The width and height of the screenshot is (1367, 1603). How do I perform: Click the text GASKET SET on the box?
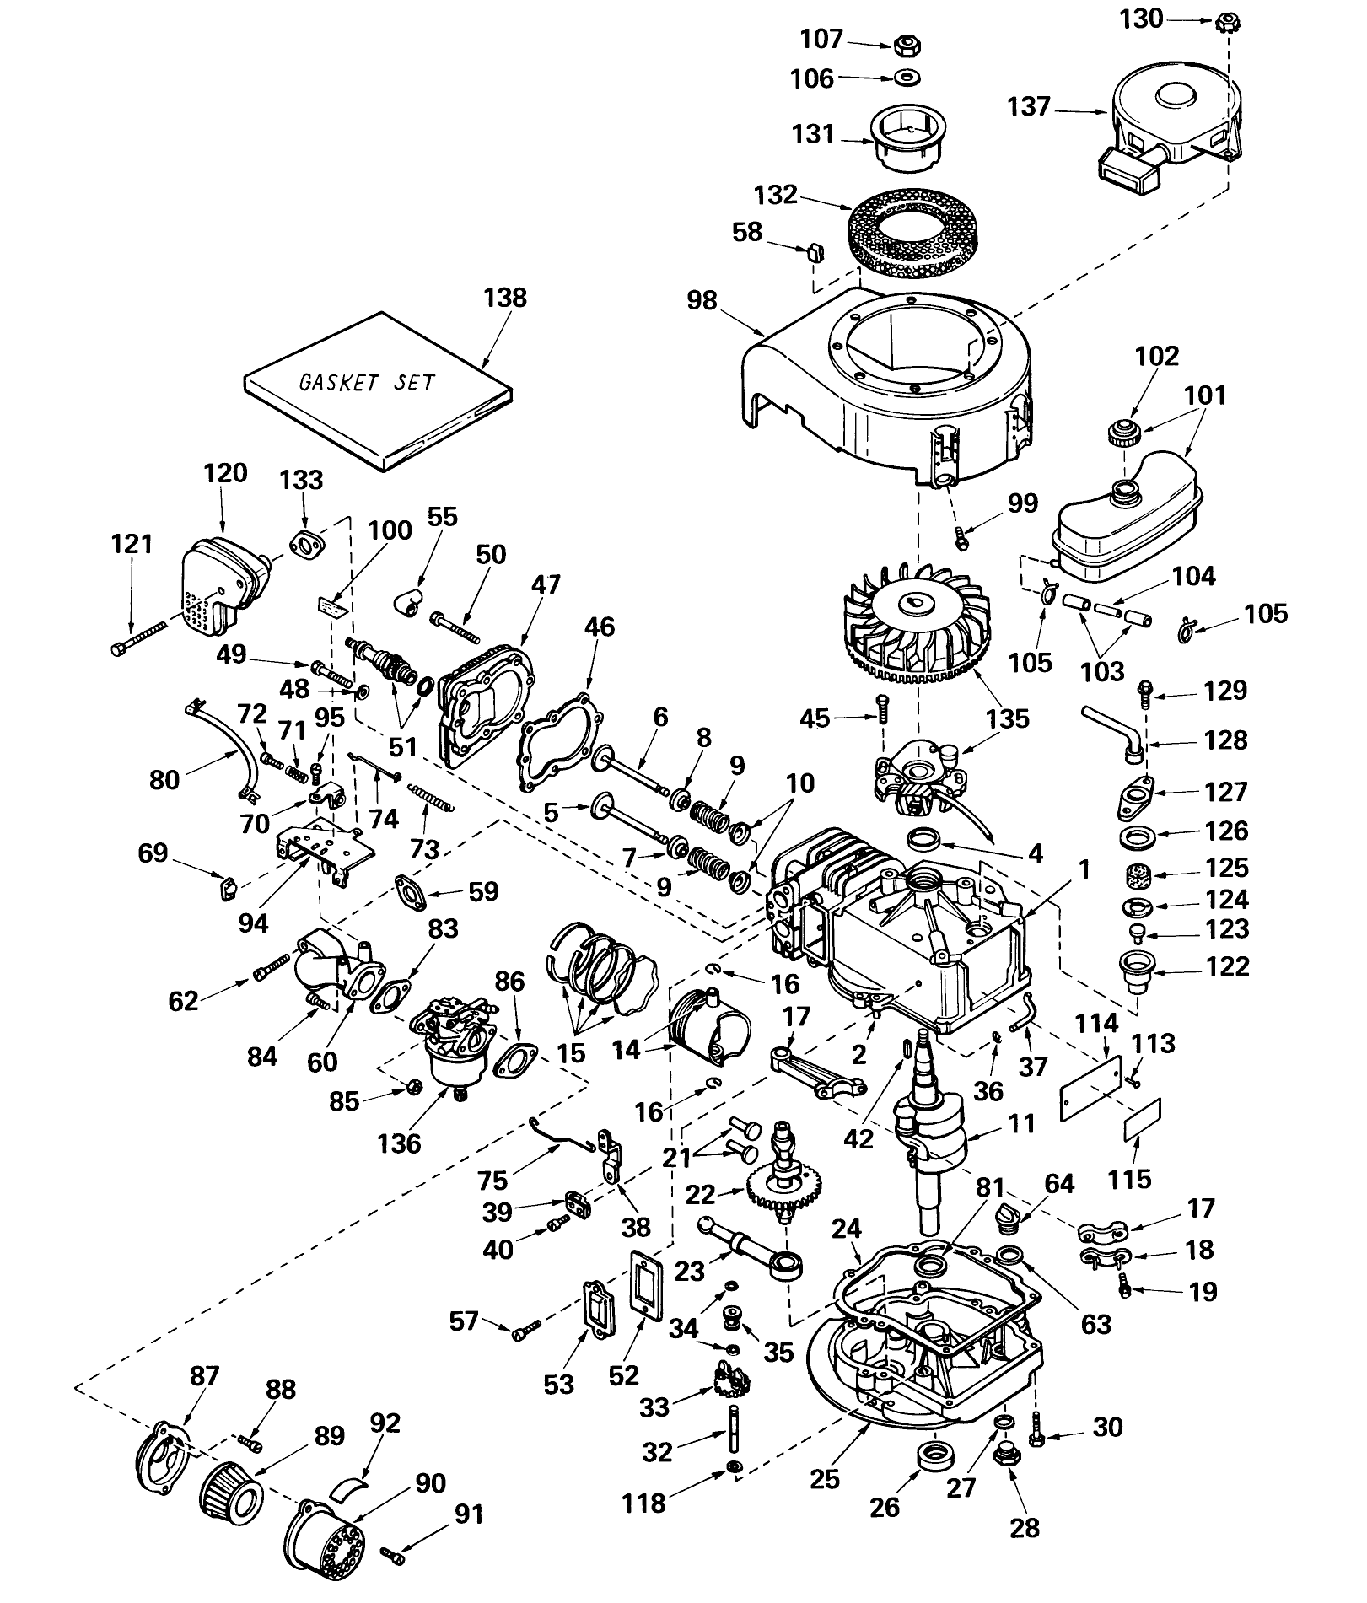[x=368, y=381]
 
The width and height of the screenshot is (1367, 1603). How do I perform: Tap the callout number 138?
[x=505, y=298]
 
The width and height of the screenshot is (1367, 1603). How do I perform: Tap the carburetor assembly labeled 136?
[x=453, y=1042]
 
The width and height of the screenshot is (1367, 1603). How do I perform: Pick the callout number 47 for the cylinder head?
[x=546, y=584]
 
